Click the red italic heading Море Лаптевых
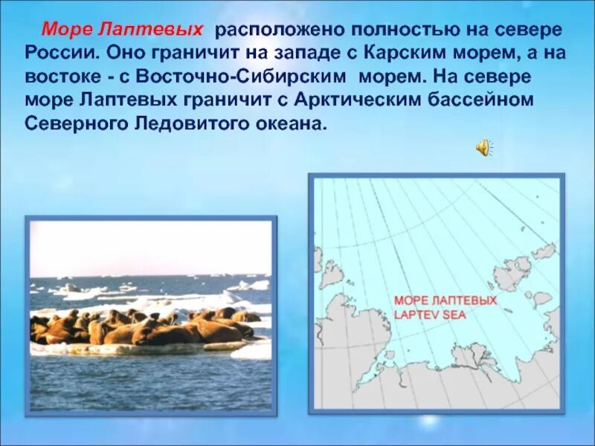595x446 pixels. (122, 30)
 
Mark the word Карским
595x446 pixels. (394, 54)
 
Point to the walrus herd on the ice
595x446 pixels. (141, 326)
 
